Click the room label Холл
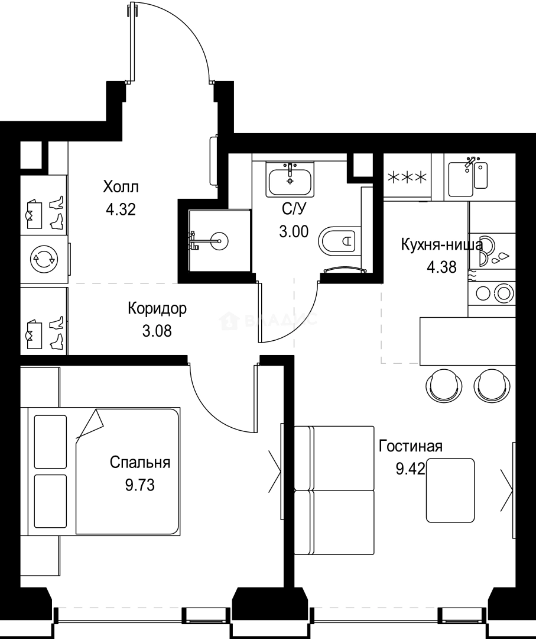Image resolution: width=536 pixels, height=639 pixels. coord(121,188)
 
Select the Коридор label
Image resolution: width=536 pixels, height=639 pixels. coord(157,308)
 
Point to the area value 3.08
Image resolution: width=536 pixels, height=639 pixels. coord(157,330)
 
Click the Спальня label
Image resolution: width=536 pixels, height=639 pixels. coord(140,463)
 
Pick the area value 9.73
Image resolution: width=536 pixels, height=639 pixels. coord(139,485)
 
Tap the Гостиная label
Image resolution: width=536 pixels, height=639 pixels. coord(411,446)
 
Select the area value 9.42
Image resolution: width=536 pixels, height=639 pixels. coord(410,469)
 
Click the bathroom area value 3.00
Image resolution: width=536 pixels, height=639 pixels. coord(294,231)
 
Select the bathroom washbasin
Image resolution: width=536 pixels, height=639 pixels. coord(290,180)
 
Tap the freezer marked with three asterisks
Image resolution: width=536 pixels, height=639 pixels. coord(407,177)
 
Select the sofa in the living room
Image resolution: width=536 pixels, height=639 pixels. coord(334,490)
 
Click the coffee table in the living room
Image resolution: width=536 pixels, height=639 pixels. coord(450,490)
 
